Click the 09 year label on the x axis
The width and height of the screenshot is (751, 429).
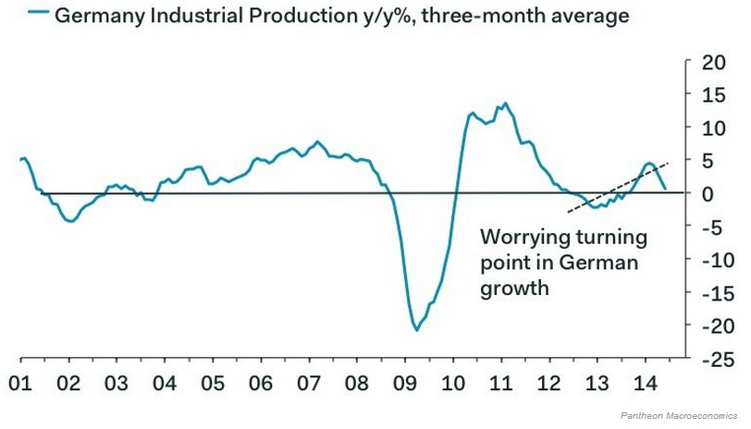click(x=405, y=383)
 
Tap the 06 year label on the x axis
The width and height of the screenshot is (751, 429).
click(x=261, y=383)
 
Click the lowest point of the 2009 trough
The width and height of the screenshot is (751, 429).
click(x=417, y=329)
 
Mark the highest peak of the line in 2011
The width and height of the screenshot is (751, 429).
click(x=505, y=104)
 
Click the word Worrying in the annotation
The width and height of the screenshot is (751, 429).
click(x=518, y=237)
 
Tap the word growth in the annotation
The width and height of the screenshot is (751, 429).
click(x=513, y=288)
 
